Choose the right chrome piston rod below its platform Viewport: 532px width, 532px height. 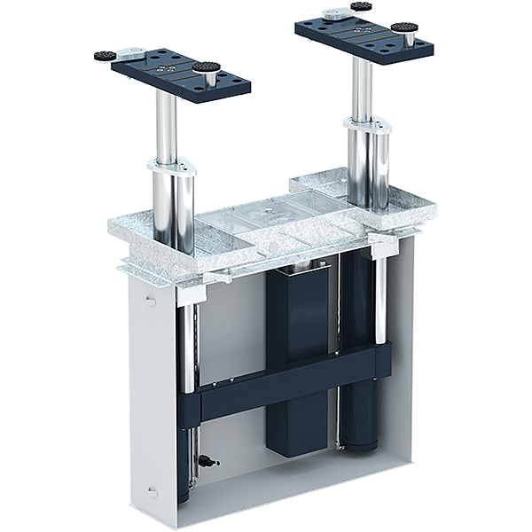362,89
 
